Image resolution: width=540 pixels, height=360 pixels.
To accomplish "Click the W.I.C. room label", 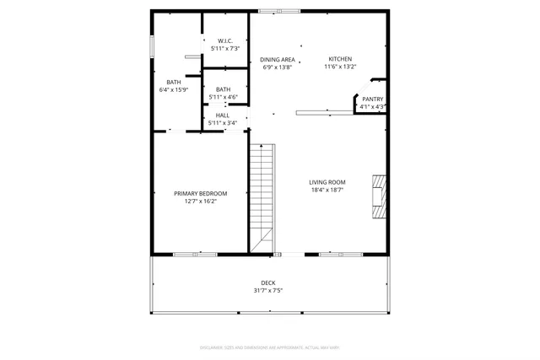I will point(224,40).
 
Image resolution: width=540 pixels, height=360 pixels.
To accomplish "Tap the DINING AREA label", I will point(277,59).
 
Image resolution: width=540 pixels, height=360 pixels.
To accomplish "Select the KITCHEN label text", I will point(341,59).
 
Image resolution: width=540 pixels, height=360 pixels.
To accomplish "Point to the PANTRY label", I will point(373,99).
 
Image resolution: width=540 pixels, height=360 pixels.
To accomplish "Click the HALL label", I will point(223,115).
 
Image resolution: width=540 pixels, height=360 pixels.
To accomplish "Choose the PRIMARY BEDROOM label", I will point(201,193).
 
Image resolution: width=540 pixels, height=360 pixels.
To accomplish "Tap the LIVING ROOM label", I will point(327,182).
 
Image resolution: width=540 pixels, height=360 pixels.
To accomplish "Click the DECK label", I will point(268,282).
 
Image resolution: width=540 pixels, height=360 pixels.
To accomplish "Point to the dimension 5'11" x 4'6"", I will point(224,97).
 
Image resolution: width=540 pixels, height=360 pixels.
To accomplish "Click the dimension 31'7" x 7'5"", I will point(268,291).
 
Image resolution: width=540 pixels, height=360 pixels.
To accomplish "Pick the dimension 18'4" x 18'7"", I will point(327,191).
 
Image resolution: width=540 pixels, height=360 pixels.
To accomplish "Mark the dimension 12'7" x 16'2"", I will point(201,201).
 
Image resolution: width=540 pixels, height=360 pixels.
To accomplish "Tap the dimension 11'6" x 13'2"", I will point(341,67).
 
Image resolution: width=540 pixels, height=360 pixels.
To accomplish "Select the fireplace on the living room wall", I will point(380,196).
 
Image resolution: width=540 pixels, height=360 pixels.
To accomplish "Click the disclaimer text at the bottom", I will point(269,347).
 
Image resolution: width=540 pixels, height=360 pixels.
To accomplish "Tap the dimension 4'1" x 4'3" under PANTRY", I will point(373,107).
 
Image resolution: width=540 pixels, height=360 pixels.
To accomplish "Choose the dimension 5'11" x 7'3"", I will point(224,49).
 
